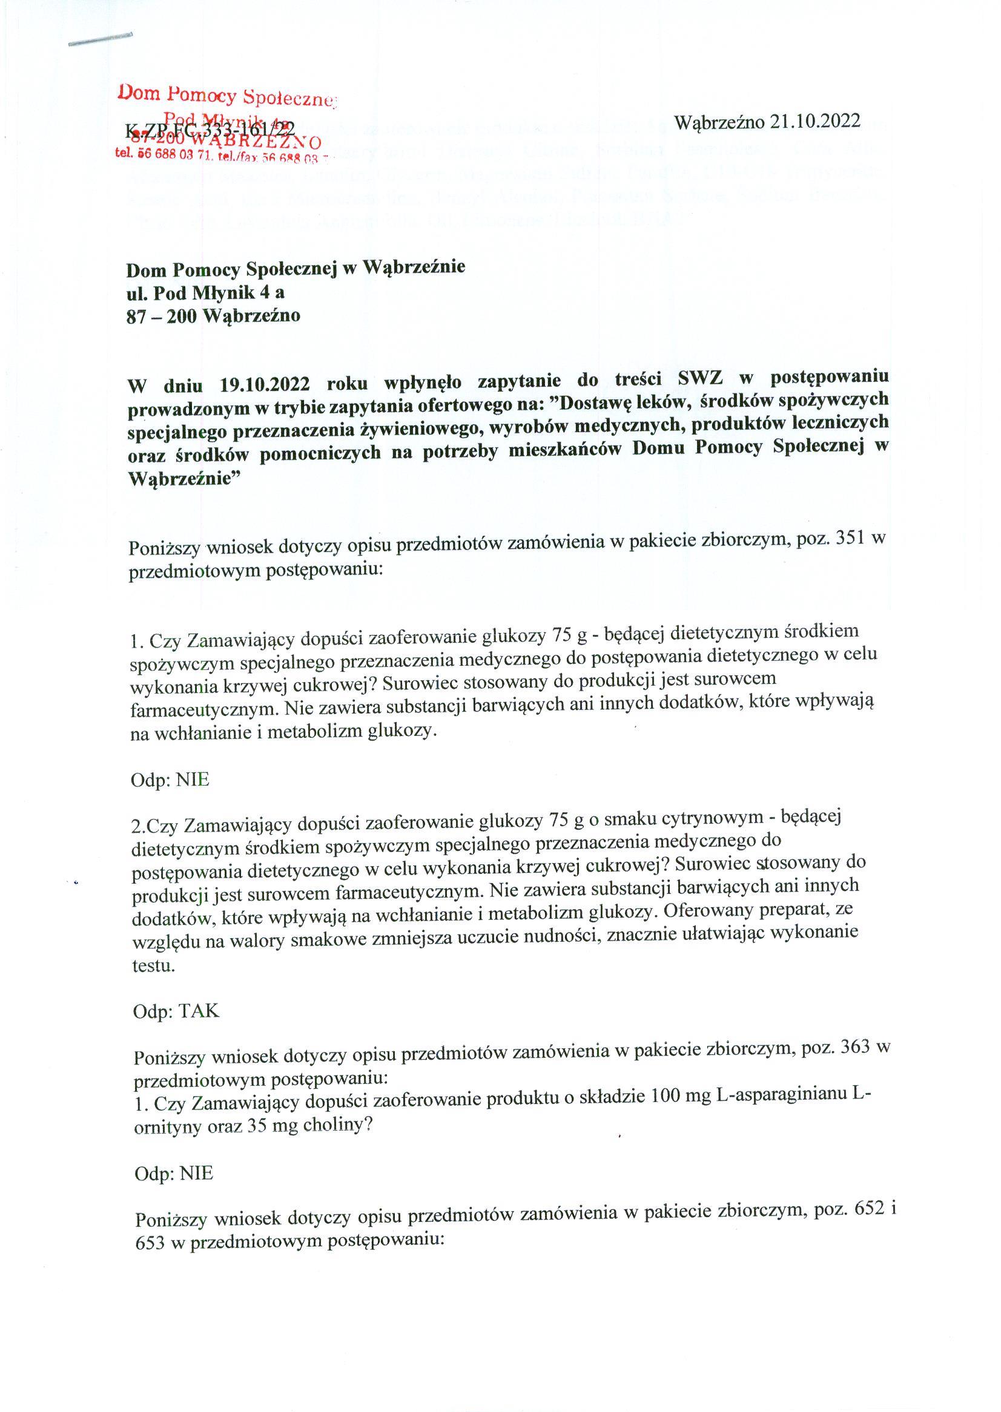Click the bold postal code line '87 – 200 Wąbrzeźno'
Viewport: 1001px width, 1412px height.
[213, 317]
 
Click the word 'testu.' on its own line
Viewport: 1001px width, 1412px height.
[154, 965]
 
